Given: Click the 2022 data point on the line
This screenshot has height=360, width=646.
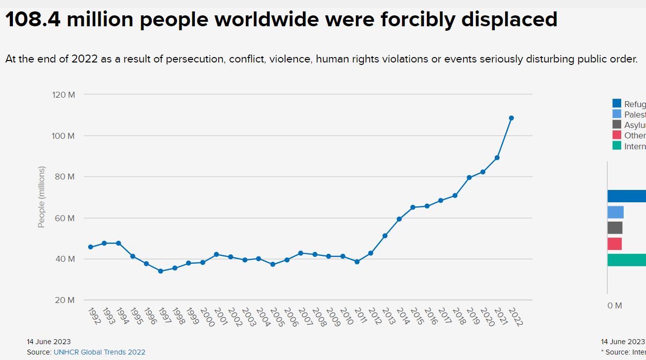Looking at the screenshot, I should tap(511, 118).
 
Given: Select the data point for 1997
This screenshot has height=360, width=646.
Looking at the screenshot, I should tap(161, 271).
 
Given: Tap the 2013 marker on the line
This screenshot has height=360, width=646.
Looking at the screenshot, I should tap(385, 236).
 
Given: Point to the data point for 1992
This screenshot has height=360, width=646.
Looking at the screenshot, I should tap(90, 247).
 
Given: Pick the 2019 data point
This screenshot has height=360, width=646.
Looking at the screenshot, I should tap(469, 178).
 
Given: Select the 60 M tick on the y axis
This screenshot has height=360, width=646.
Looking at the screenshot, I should tap(65, 218).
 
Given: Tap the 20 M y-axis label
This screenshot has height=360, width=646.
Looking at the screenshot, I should tap(65, 300).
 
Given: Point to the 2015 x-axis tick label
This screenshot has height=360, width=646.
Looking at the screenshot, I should tap(417, 317).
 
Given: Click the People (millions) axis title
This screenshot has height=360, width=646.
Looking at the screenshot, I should tap(42, 197).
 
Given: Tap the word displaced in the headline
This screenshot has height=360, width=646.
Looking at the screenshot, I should tap(509, 20).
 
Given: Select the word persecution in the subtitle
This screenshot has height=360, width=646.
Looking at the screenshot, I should tap(196, 59).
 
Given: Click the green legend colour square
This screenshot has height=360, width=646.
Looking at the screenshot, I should tap(617, 146).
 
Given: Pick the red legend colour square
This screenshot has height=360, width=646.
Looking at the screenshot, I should tap(617, 135).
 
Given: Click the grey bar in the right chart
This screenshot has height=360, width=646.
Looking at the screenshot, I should tap(615, 228).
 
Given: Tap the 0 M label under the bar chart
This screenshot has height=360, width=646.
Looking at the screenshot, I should tap(615, 305).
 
